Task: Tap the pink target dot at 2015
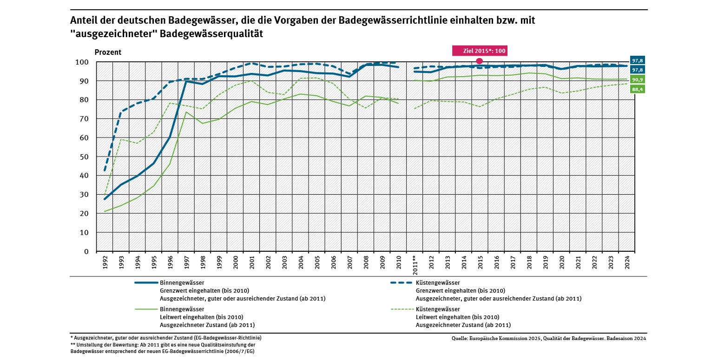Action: (x=480, y=61)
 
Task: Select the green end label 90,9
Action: (x=637, y=79)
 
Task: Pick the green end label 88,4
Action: (x=637, y=89)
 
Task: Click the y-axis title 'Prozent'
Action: (x=108, y=52)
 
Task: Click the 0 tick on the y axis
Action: (x=86, y=251)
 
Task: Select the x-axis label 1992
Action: (x=105, y=262)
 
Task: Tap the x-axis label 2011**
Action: (x=415, y=265)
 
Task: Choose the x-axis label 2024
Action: (x=627, y=262)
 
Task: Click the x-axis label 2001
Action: (x=252, y=262)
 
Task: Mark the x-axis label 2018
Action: (x=529, y=262)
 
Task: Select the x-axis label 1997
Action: (x=187, y=262)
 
